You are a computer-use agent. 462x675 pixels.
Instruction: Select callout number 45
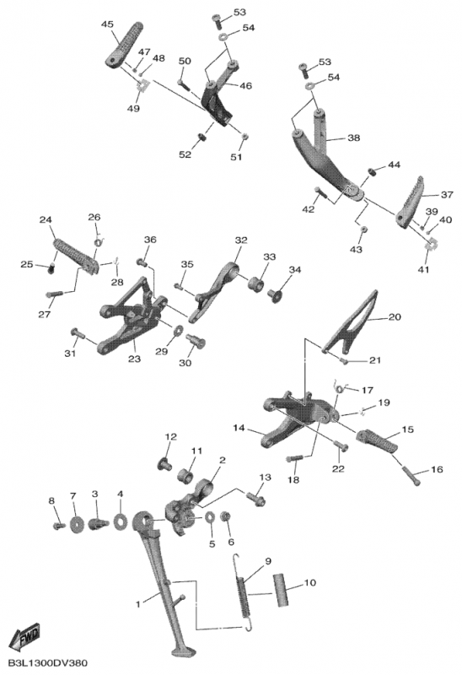(x=108, y=24)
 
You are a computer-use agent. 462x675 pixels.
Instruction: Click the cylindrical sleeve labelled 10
(x=282, y=589)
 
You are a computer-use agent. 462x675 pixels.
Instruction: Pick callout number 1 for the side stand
(x=138, y=604)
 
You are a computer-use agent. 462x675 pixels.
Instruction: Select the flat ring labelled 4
(x=121, y=521)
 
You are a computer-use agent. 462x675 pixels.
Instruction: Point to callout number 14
(x=239, y=428)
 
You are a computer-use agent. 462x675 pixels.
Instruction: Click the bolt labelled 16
(x=411, y=476)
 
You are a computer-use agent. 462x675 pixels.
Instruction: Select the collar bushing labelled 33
(x=256, y=284)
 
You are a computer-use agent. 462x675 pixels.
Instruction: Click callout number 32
(x=241, y=240)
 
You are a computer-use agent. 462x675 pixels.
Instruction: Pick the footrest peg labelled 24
(x=76, y=256)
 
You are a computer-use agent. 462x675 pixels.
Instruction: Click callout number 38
(x=353, y=138)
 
